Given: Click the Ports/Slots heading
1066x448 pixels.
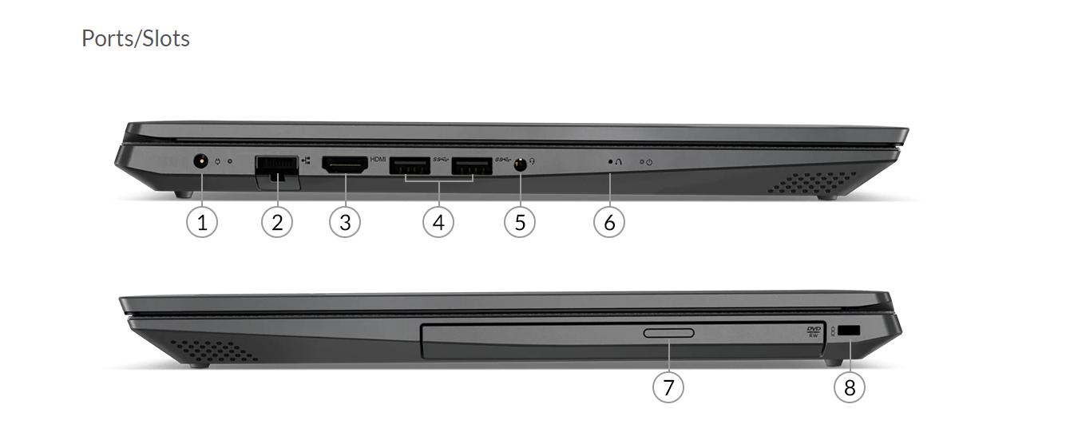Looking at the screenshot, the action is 136,38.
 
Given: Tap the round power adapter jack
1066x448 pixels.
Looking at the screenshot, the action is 201,161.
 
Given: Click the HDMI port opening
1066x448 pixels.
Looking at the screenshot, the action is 345,165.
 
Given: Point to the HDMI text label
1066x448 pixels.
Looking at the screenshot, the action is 378,159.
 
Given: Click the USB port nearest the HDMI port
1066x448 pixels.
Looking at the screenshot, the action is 410,165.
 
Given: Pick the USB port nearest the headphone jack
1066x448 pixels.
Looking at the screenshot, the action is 472,165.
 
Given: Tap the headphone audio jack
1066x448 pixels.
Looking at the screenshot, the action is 520,165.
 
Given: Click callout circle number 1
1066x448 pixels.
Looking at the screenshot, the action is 202,222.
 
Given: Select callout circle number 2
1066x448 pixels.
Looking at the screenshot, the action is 277,222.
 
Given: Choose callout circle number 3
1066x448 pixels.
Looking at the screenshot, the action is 345,222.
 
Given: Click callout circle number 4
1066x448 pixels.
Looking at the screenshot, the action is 438,222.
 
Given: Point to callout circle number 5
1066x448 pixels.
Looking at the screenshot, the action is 520,222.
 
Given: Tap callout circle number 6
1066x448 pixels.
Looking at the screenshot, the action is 609,222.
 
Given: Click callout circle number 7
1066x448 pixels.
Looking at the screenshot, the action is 668,387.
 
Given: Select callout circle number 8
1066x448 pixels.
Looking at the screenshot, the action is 850,387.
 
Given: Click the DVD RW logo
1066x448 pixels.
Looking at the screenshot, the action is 814,331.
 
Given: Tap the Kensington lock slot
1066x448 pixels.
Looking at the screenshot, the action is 849,331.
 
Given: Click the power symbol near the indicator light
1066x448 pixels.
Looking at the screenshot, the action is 650,162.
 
